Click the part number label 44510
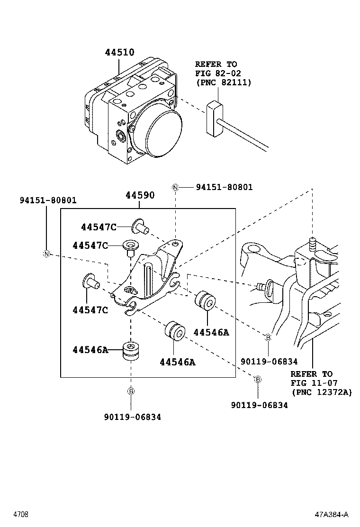119,53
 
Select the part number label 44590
140,195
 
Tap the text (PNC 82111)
223,82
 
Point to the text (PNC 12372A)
322,392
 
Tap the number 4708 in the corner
20,514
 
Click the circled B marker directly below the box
131,391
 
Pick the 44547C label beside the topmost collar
98,227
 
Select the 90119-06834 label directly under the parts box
132,417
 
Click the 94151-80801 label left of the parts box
48,200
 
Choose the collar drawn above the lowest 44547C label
90,283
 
